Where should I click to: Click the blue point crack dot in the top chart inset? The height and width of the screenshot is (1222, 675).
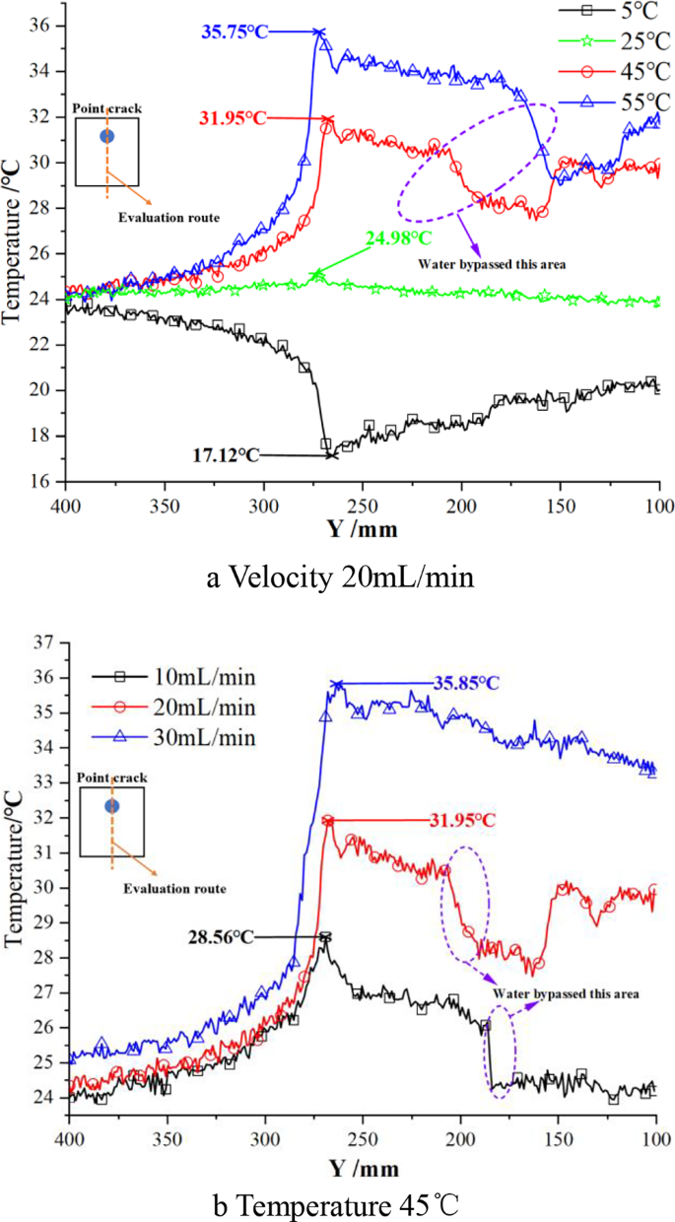tap(106, 136)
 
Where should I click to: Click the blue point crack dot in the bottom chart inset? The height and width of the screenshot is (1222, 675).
tap(112, 806)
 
